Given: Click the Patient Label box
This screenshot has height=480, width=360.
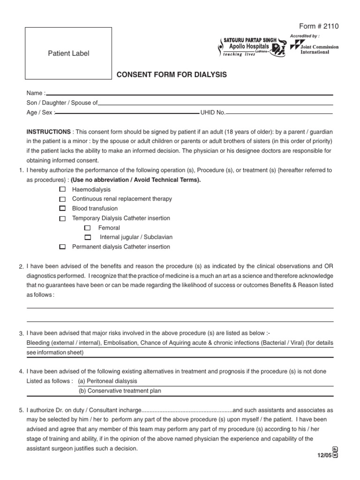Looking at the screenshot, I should point(68,53).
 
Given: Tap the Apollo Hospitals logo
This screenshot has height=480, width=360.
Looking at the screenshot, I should point(252,47).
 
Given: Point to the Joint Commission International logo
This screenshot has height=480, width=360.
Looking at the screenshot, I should point(311,47).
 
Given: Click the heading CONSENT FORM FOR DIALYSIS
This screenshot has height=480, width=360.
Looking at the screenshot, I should point(172,75).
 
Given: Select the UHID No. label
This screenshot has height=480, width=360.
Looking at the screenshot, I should point(213,112).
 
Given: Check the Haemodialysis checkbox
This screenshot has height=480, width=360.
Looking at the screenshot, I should point(63,189).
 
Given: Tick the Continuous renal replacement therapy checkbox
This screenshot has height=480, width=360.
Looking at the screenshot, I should point(63,199).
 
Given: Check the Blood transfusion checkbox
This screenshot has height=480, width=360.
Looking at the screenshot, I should point(63,209).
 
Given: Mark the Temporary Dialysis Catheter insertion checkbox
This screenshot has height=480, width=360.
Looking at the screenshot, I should point(63,218).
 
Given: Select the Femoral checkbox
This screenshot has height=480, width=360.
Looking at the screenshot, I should point(87,228).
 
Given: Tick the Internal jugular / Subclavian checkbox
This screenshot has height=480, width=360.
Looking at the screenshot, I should point(87,238).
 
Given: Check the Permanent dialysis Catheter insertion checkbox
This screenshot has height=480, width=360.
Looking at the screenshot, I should point(63,247).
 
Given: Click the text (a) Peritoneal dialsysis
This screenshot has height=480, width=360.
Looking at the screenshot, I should point(108,381).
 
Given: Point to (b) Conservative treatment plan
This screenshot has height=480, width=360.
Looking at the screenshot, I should point(116,390).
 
